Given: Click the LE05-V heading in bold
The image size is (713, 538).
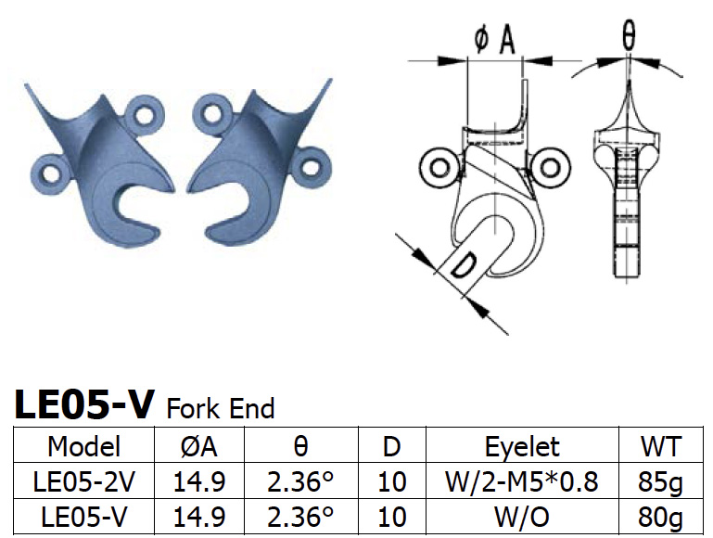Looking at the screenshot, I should (83, 404).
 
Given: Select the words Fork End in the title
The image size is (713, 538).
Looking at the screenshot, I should (220, 408).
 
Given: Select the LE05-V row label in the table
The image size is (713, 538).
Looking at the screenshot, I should (84, 515).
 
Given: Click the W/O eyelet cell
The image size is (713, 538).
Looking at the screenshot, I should (522, 515).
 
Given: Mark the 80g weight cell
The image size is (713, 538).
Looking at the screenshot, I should (661, 515).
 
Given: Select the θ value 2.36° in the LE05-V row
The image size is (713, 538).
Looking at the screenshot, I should (299, 515).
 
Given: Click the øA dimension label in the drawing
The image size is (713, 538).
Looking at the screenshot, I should (494, 40).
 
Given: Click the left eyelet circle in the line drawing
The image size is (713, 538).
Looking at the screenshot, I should (435, 167).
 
